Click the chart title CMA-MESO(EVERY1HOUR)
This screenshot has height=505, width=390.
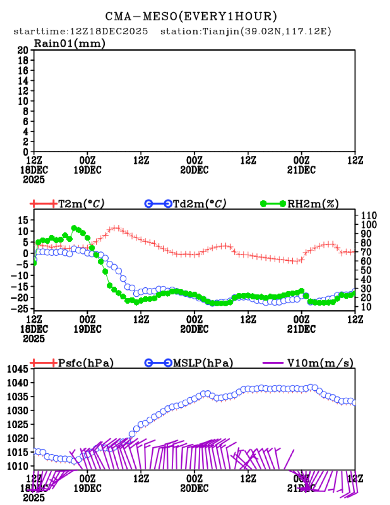tap(191, 17)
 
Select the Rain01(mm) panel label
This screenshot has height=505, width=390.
tap(69, 44)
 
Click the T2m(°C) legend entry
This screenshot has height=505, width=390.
tap(81, 204)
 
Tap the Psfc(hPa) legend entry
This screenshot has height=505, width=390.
tap(85, 363)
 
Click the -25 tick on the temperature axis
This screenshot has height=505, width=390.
tap(22, 308)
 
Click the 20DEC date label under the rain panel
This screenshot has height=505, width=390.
tap(195, 170)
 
